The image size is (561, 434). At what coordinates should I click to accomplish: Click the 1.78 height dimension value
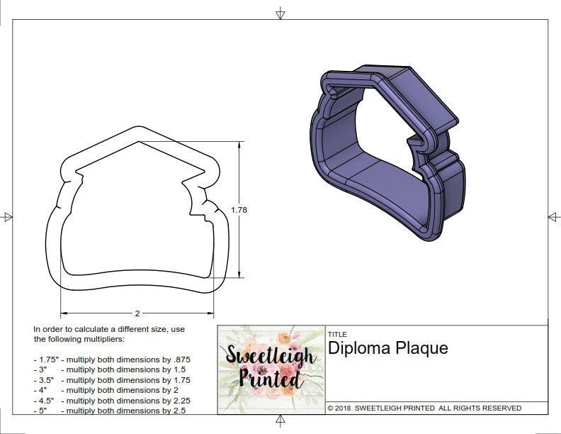tap(239, 210)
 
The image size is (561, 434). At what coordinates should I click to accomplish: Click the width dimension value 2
tap(137, 312)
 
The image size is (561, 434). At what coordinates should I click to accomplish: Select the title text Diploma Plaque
tap(387, 348)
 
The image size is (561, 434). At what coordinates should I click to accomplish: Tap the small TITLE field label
tap(337, 334)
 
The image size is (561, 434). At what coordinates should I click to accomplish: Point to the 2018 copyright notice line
tap(424, 408)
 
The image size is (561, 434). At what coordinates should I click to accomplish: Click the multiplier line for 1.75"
tap(112, 360)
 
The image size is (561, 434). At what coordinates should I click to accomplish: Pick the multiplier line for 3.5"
tap(112, 380)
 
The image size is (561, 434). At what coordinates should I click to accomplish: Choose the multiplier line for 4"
tap(106, 390)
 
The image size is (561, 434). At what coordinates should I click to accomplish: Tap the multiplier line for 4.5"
tap(112, 400)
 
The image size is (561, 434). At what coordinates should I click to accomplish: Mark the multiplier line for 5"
tap(109, 410)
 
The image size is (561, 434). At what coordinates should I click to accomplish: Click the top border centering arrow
tap(280, 13)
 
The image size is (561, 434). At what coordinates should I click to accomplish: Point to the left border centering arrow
tap(8, 216)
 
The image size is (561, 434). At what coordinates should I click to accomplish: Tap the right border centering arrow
tap(553, 216)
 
